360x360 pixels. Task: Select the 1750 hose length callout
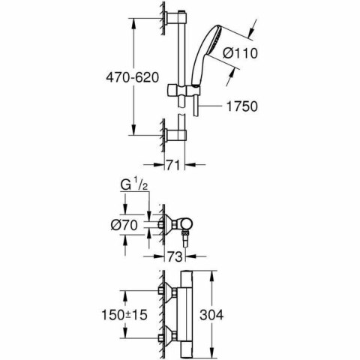tap(242, 107)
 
